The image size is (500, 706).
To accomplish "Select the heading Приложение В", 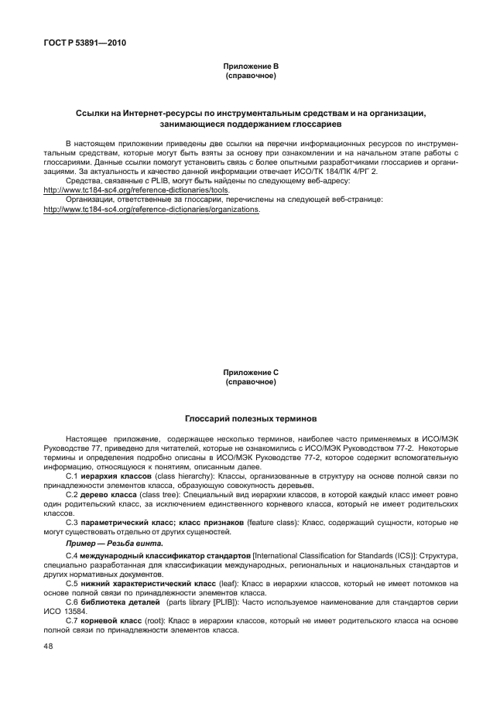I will pos(250,68).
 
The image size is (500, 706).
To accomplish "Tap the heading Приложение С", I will pos(250,373).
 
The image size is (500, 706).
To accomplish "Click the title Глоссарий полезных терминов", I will pos(250,418).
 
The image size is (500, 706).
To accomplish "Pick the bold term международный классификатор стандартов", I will pos(166,556).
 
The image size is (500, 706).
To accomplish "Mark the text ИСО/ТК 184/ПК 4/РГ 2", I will pos(304,172).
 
